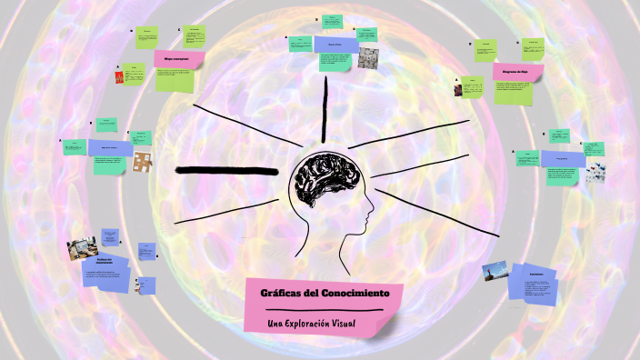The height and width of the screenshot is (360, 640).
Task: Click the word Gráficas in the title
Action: (x=281, y=294)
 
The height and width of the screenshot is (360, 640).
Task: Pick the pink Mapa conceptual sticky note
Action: (x=178, y=59)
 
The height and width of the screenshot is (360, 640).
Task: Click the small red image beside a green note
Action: (x=119, y=77)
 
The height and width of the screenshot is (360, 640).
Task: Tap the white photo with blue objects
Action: (x=595, y=171)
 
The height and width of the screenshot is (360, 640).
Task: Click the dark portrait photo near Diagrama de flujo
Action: (x=459, y=88)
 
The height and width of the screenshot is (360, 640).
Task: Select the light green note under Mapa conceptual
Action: (x=175, y=79)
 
